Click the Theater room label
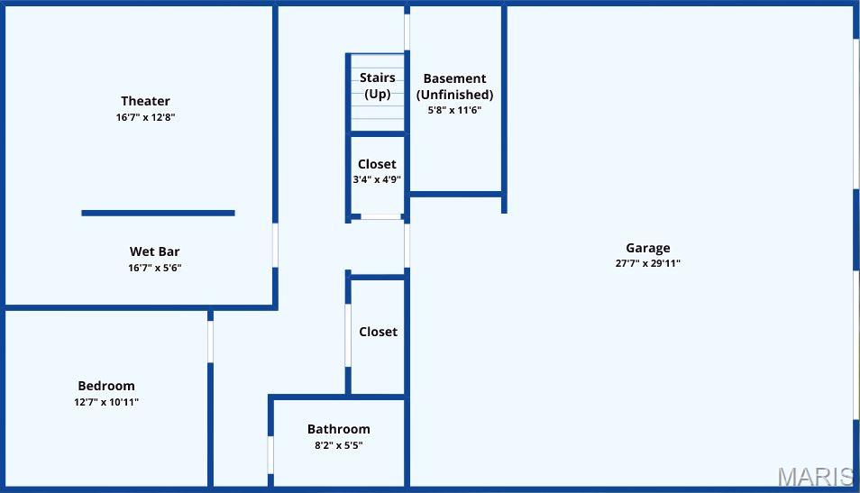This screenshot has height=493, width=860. coord(145,101)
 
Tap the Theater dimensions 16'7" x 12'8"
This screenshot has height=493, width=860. coord(145,117)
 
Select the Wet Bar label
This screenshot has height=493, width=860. coord(154,251)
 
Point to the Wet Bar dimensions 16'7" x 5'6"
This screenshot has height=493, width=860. coord(155,268)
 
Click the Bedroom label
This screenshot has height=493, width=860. coord(106,386)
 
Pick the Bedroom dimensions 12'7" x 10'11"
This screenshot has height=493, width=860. coord(106,402)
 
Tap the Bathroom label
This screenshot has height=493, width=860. coord(338,429)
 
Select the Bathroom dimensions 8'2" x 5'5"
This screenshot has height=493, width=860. coord(338,445)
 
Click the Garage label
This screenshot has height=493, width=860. coord(647,248)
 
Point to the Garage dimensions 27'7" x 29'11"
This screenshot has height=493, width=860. coord(647,264)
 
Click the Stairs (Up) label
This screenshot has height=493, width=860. coord(377,86)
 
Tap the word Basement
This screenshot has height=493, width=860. coord(454,78)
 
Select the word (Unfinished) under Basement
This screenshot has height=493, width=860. coord(454,95)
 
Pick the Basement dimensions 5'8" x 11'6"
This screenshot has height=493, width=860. coord(454,110)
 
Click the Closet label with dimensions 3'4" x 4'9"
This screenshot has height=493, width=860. coord(377,164)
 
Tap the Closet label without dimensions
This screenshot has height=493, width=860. coord(378,332)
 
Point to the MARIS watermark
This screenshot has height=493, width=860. coord(816,477)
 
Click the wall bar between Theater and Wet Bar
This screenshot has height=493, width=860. coord(158,213)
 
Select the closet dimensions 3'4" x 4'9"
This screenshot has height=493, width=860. coord(377,179)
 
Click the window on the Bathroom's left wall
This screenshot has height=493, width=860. coord(270,454)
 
